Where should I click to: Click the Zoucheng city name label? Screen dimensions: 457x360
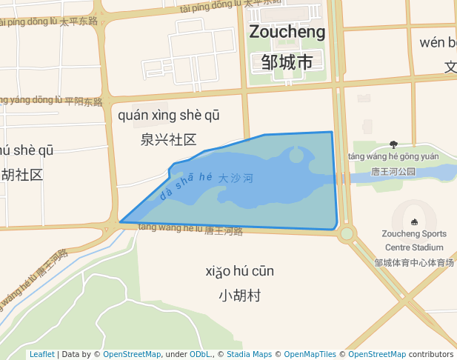[287, 32]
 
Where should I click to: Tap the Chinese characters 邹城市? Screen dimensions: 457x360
[287, 62]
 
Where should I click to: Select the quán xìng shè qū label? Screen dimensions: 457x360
[169, 115]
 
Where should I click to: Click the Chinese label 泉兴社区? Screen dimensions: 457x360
[169, 139]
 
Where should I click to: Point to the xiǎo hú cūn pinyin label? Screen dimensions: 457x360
[240, 271]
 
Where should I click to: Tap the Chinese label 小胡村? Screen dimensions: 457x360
[240, 296]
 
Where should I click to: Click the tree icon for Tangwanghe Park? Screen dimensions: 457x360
[393, 144]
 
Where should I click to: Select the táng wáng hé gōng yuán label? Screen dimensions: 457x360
[393, 156]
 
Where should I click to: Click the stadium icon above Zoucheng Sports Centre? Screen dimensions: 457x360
[413, 221]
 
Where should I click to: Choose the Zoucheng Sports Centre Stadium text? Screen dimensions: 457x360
[414, 240]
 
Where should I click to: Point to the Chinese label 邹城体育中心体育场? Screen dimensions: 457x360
[414, 262]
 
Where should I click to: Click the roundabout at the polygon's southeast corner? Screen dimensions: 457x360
[346, 234]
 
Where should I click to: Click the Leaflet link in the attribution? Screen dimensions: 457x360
[41, 354]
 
